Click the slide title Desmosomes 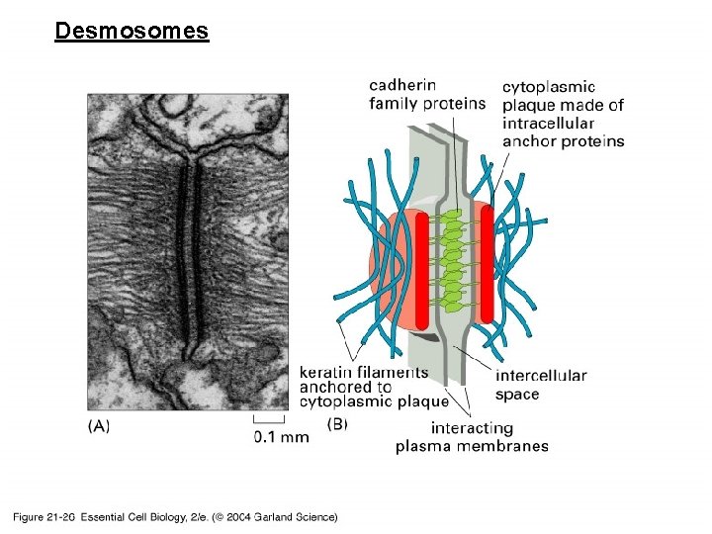[x=132, y=31]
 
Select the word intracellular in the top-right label [x=548, y=123]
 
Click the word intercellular [x=541, y=376]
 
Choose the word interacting [x=472, y=428]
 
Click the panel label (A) [x=99, y=425]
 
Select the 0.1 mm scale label [x=281, y=436]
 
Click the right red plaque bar [x=488, y=262]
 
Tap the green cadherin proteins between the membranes [x=454, y=262]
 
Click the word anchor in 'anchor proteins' [x=526, y=140]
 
